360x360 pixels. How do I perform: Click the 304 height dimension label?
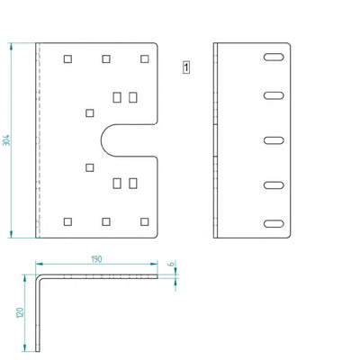(x=6, y=140)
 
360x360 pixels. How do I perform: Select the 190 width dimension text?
(x=96, y=259)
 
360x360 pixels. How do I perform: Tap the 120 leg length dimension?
(x=20, y=313)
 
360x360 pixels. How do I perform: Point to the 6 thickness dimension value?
(x=171, y=264)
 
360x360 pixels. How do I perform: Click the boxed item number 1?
(x=186, y=67)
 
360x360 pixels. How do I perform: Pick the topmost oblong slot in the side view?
(x=274, y=57)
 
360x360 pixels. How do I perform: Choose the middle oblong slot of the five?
(x=274, y=140)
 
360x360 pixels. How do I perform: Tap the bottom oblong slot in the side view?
(x=274, y=223)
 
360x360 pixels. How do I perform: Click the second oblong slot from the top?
(x=274, y=95)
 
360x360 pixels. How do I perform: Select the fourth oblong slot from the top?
(x=274, y=185)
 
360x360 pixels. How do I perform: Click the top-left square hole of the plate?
(x=67, y=58)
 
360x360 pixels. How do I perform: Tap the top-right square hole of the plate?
(x=145, y=58)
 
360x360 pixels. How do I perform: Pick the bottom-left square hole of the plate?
(x=67, y=221)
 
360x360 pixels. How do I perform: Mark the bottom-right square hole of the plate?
(x=145, y=221)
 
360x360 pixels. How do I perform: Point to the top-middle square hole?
(x=106, y=58)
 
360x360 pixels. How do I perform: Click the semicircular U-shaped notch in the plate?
(x=101, y=140)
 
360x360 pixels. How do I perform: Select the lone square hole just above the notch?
(x=90, y=113)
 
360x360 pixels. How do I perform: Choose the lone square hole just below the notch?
(x=90, y=167)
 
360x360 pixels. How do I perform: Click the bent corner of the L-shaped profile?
(x=38, y=277)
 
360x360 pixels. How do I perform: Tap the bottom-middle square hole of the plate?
(x=106, y=221)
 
